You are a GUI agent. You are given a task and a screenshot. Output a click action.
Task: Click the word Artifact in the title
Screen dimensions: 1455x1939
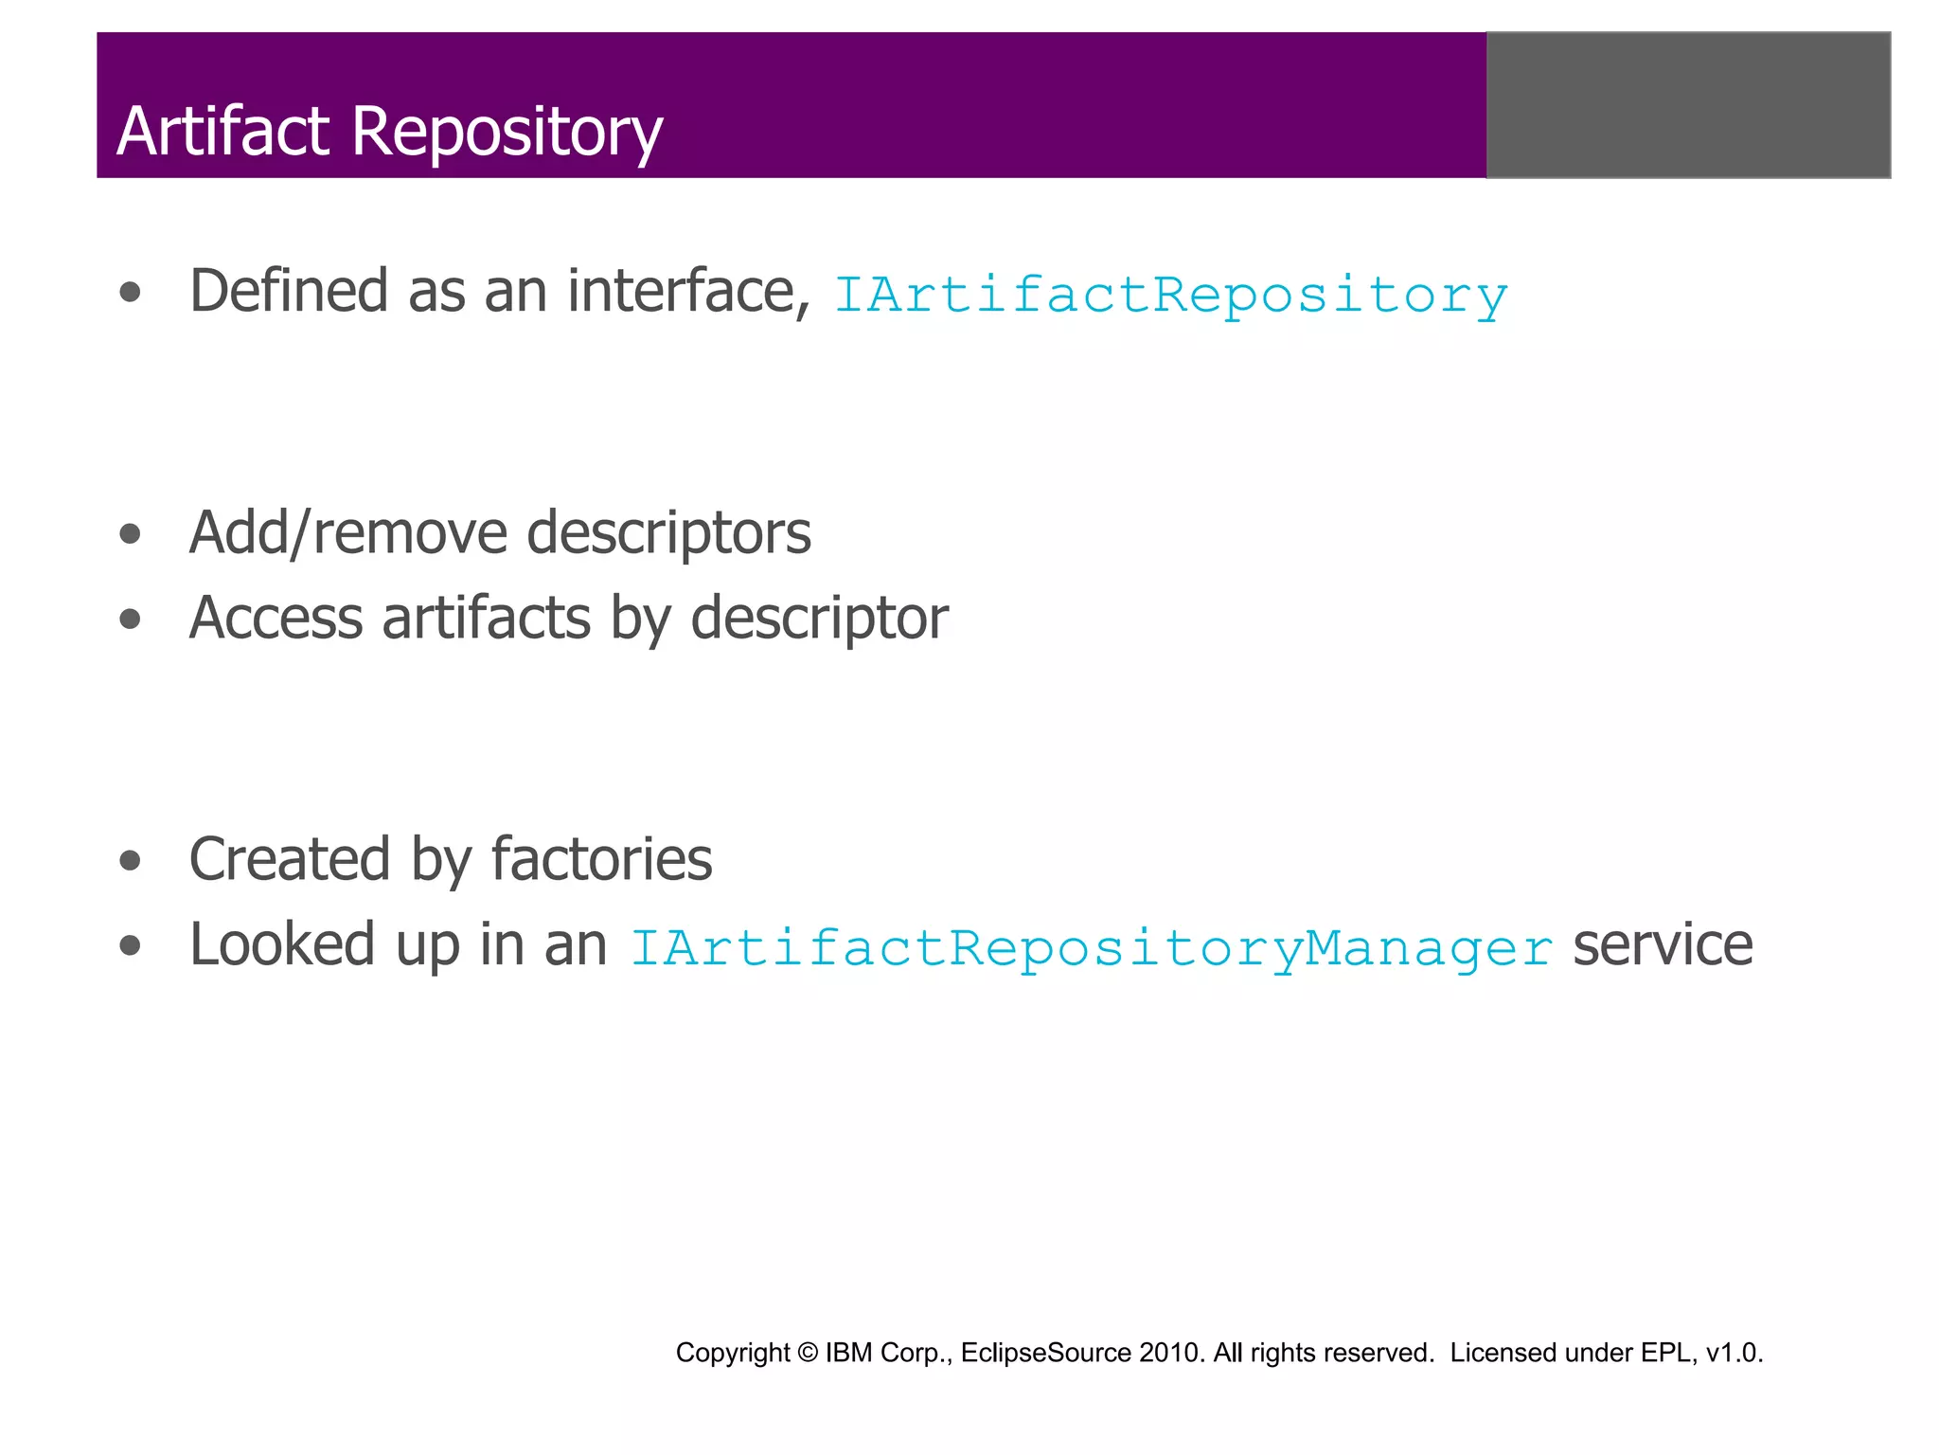(x=222, y=131)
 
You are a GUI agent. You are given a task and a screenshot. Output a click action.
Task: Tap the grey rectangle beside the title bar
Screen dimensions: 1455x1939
(x=1688, y=105)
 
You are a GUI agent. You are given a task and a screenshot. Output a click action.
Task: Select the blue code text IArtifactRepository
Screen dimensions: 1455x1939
(x=1170, y=296)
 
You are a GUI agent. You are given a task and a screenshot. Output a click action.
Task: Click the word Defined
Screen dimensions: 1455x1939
(x=289, y=291)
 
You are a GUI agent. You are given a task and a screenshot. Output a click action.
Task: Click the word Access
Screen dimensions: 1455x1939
(x=276, y=619)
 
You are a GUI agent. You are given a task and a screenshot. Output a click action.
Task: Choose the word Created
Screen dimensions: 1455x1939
(x=290, y=860)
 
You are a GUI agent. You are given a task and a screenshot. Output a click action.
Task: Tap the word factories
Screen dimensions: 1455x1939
(x=601, y=860)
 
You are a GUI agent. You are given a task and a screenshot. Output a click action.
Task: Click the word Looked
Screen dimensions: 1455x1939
(x=282, y=945)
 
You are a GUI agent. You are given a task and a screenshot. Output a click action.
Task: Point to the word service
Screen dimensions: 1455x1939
(x=1663, y=945)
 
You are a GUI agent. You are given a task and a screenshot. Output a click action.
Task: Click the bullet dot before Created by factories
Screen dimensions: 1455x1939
(x=131, y=861)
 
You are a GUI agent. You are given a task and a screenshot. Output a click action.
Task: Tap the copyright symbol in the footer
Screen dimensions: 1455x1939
(x=807, y=1353)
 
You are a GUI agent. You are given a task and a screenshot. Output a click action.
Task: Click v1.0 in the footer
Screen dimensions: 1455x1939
(x=1733, y=1353)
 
